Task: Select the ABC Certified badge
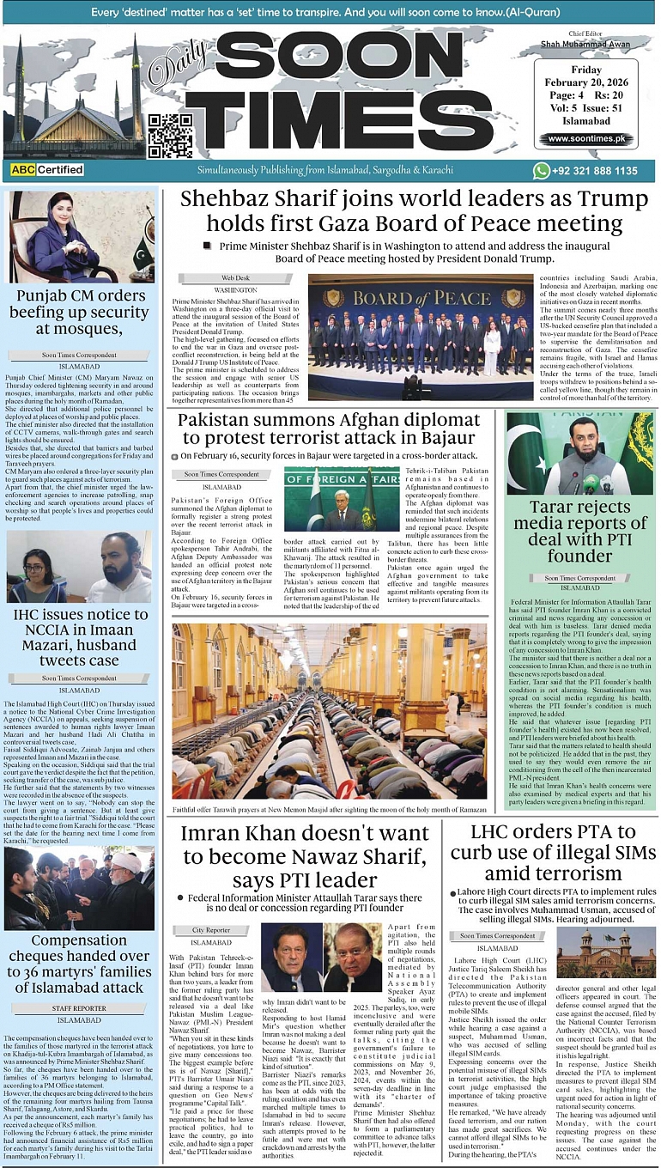tap(47, 170)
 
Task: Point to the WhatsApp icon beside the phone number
tap(541, 171)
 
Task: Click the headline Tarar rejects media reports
tap(580, 531)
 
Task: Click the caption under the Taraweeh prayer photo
tap(329, 810)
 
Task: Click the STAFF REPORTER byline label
tap(79, 1008)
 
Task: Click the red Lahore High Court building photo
tap(606, 953)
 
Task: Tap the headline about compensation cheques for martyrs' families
tap(79, 964)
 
